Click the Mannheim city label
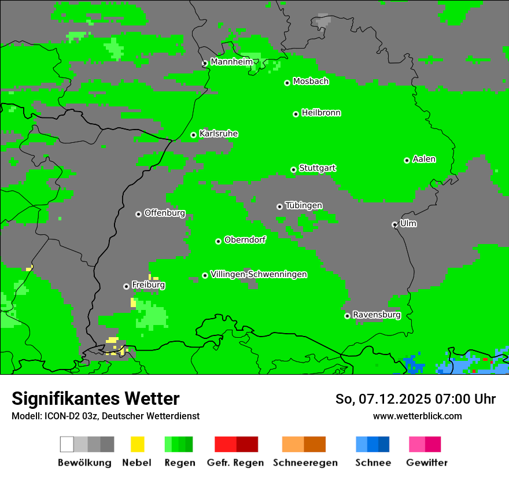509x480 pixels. pyautogui.click(x=231, y=62)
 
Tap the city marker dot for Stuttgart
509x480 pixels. pyautogui.click(x=293, y=169)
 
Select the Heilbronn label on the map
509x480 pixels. pyautogui.click(x=321, y=113)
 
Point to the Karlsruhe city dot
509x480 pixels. pyautogui.click(x=194, y=135)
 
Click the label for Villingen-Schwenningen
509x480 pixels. pyautogui.click(x=259, y=274)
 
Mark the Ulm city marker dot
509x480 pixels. pyautogui.click(x=394, y=224)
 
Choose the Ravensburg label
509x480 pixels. pyautogui.click(x=377, y=315)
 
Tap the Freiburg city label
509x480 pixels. pyautogui.click(x=148, y=285)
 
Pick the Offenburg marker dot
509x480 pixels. pyautogui.click(x=138, y=214)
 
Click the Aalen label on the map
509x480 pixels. pyautogui.click(x=424, y=159)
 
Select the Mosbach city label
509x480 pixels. pyautogui.click(x=311, y=82)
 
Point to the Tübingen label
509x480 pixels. pyautogui.click(x=304, y=205)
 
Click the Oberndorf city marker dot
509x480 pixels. pyautogui.click(x=218, y=241)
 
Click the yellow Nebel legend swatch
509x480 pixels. pyautogui.click(x=137, y=444)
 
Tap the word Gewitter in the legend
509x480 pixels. pyautogui.click(x=427, y=463)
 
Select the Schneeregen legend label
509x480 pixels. pyautogui.click(x=305, y=463)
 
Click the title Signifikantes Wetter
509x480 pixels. pyautogui.click(x=95, y=398)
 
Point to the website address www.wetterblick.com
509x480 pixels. pyautogui.click(x=417, y=416)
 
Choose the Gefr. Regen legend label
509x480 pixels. pyautogui.click(x=235, y=463)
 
